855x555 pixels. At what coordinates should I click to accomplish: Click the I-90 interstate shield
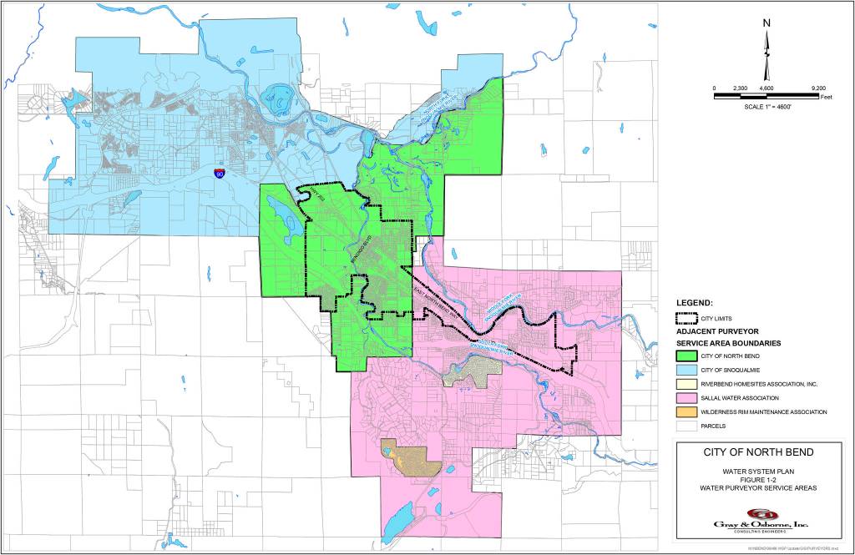219,174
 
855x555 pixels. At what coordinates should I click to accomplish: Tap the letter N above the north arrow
766,24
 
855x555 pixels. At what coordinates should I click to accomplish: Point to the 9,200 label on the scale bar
818,88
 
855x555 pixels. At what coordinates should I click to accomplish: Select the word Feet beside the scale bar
827,98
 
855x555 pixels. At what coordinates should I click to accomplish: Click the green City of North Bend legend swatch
686,356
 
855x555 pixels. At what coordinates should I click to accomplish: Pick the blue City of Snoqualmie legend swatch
686,370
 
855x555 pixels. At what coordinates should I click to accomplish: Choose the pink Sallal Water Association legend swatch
686,397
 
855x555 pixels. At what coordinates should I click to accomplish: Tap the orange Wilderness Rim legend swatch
686,411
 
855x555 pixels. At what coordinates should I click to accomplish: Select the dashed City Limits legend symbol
686,318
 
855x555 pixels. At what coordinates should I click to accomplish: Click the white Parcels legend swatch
686,426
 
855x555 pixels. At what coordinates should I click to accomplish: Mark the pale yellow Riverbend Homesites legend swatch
686,384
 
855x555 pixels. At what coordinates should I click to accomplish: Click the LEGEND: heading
694,302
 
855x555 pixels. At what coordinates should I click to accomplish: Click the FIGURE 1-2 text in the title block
759,479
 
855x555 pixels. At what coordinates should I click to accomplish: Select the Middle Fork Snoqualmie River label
503,306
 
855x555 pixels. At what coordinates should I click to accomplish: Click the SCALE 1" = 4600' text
766,108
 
